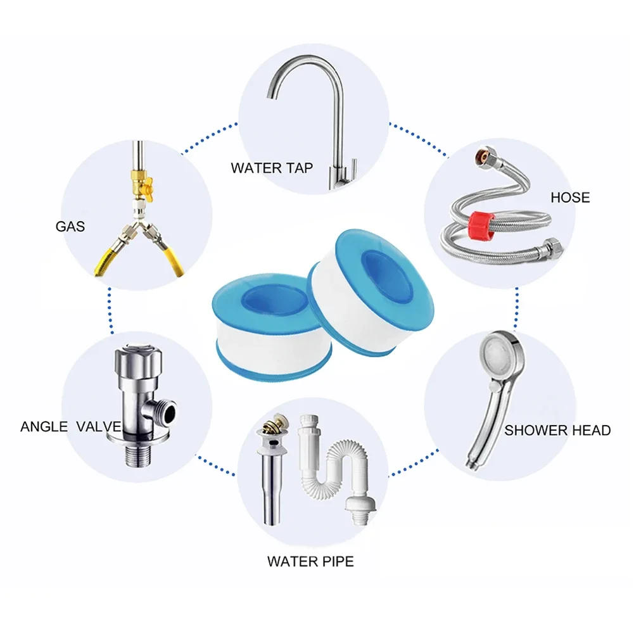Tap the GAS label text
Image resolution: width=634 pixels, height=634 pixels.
click(70, 226)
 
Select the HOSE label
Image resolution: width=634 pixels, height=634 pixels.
click(569, 198)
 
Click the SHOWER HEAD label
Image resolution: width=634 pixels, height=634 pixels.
click(557, 431)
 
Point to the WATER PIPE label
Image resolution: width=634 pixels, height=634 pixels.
click(310, 561)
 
